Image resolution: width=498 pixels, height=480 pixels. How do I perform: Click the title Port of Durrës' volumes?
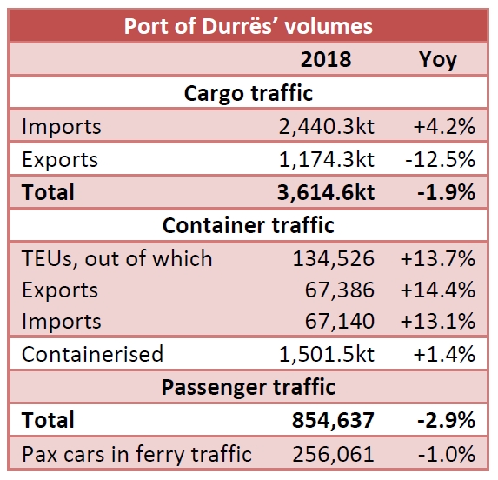[248, 25]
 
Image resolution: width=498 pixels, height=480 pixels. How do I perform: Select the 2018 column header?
[326, 59]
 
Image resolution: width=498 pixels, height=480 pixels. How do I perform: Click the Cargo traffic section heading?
[248, 92]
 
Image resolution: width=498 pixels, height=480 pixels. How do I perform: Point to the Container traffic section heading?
[248, 225]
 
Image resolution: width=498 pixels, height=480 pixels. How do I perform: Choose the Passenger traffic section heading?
[248, 387]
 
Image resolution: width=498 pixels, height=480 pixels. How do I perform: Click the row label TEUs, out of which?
[116, 258]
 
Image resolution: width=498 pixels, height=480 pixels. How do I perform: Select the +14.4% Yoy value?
[437, 290]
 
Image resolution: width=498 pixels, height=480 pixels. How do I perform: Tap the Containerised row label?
[92, 354]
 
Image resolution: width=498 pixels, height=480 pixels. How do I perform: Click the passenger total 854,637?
[334, 421]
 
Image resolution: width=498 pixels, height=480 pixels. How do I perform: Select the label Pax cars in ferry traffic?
[136, 454]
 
